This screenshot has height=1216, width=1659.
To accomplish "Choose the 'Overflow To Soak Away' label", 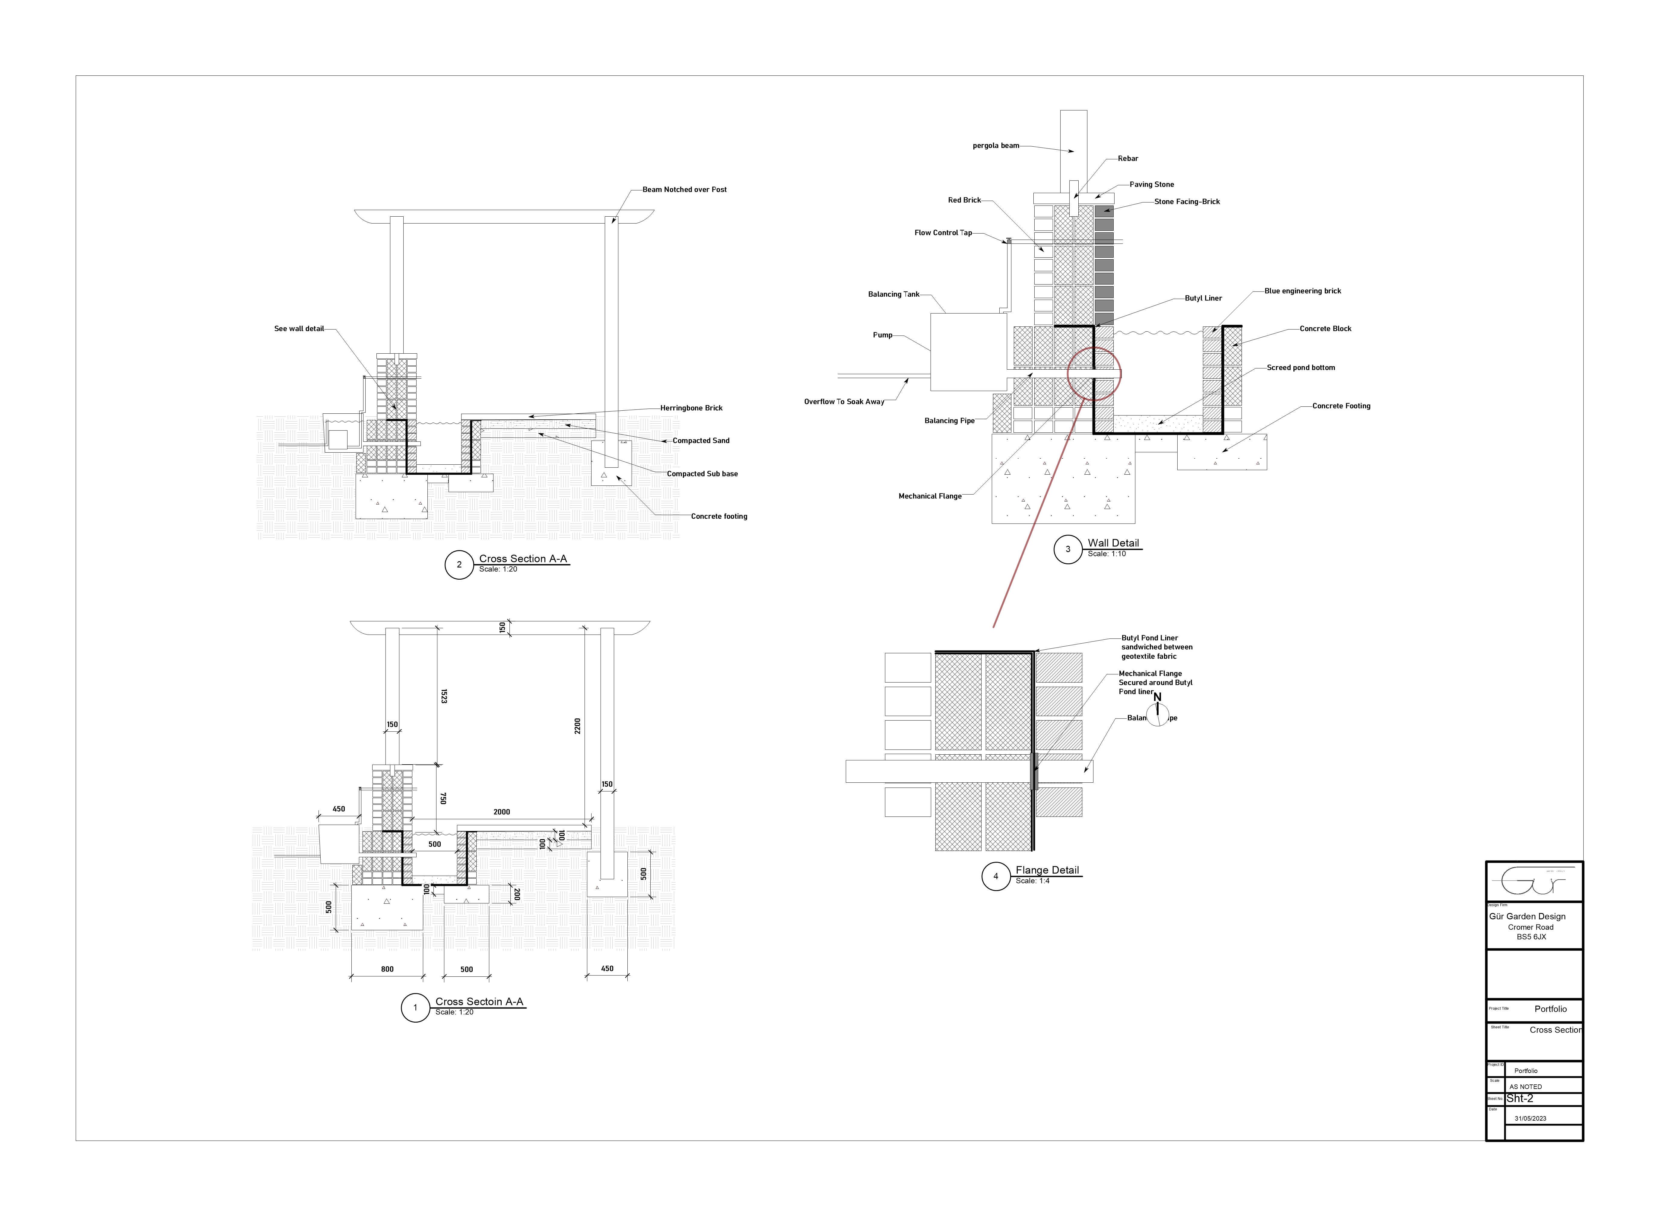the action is point(844,402).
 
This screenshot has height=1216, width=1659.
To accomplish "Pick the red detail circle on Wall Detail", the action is point(1094,374).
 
